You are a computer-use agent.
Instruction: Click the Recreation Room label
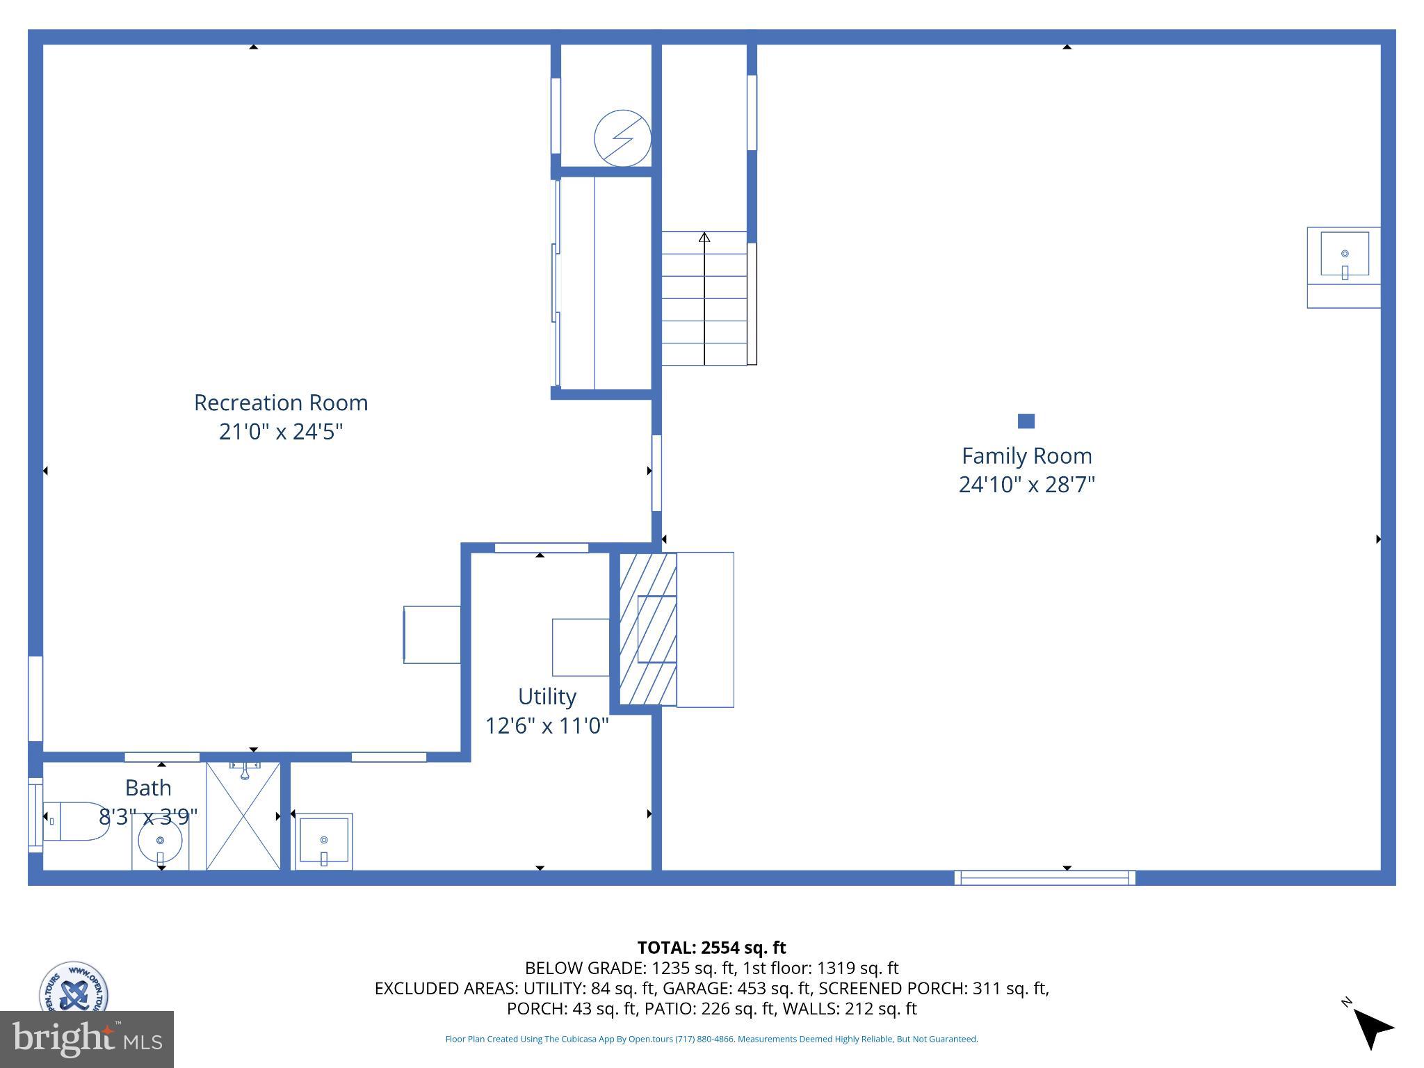pos(280,403)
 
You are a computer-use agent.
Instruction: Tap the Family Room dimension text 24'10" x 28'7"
pos(1026,485)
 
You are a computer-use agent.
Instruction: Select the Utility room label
pos(547,696)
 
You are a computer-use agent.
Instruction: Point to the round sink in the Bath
pos(161,841)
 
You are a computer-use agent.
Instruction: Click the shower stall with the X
pos(243,817)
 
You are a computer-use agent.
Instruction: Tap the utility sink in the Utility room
pos(324,841)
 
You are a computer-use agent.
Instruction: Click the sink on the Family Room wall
pos(1344,255)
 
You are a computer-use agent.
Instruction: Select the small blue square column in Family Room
pos(1026,421)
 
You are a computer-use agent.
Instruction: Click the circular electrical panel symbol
pos(622,138)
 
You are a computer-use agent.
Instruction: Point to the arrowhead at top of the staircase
pos(704,238)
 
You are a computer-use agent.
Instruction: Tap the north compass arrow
pos(1372,1027)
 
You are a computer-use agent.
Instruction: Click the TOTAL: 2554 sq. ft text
pos(711,948)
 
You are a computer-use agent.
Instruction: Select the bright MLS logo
pos(86,1039)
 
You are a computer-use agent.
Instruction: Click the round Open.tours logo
pos(73,987)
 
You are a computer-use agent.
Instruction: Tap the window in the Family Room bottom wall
pos(1044,877)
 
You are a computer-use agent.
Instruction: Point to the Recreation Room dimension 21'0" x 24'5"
pos(281,432)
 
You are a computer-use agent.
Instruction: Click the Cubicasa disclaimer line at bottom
pos(711,1039)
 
